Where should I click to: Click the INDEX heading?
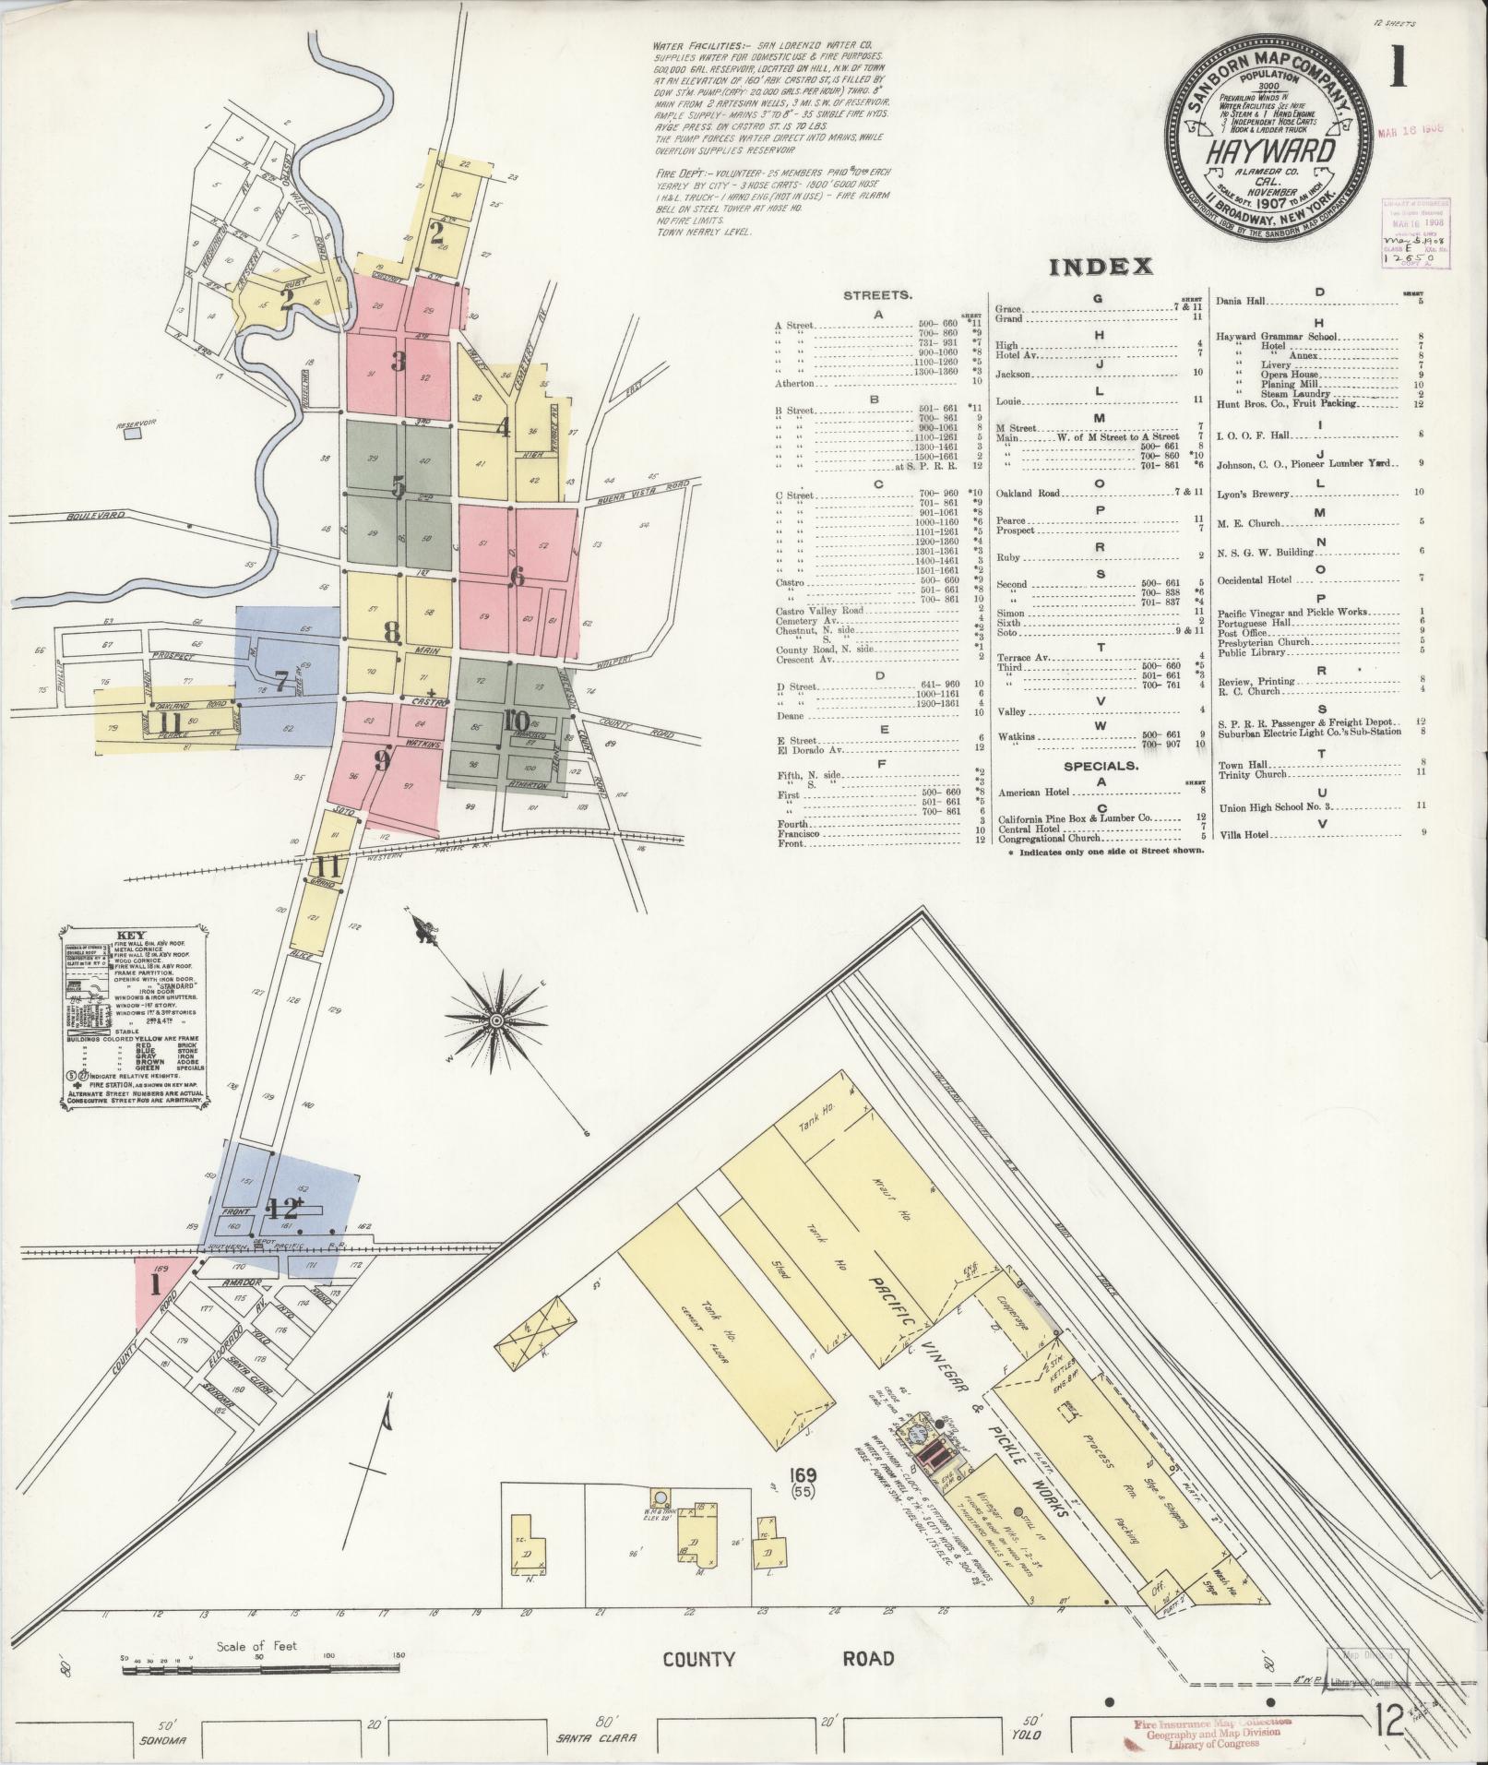(x=1101, y=267)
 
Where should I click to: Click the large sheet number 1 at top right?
(x=1399, y=68)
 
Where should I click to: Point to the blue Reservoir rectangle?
(x=135, y=432)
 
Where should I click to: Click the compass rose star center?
(x=496, y=1020)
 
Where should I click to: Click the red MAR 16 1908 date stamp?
(x=1411, y=130)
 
